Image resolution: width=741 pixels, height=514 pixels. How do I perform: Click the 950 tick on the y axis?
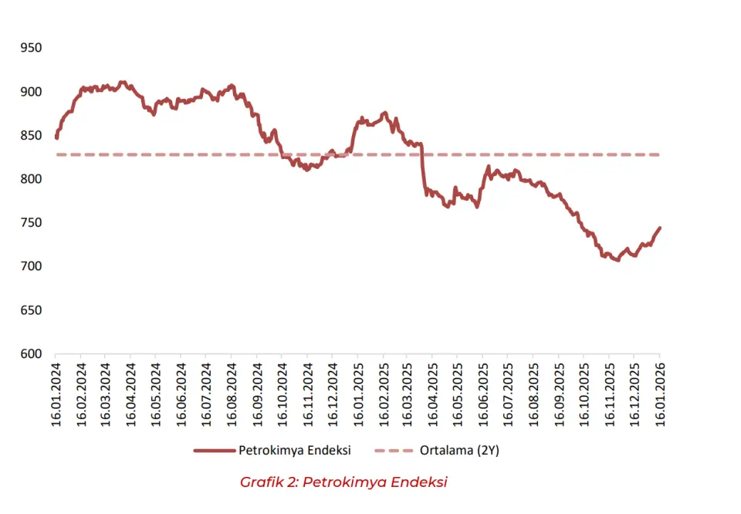point(31,48)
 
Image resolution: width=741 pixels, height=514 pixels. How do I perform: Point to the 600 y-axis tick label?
point(31,354)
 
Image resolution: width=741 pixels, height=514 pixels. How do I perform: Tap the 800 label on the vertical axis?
point(31,179)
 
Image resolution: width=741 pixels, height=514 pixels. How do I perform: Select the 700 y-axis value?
point(31,266)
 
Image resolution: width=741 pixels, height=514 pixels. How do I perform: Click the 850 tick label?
point(31,135)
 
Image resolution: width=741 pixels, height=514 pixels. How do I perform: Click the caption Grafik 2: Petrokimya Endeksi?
point(343,482)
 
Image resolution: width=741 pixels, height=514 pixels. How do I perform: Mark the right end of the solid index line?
point(660,228)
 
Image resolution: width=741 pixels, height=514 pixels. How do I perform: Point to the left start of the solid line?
point(56,138)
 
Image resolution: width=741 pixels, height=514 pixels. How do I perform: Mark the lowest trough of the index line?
point(617,260)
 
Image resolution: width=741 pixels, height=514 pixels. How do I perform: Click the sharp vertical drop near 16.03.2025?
point(423,170)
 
